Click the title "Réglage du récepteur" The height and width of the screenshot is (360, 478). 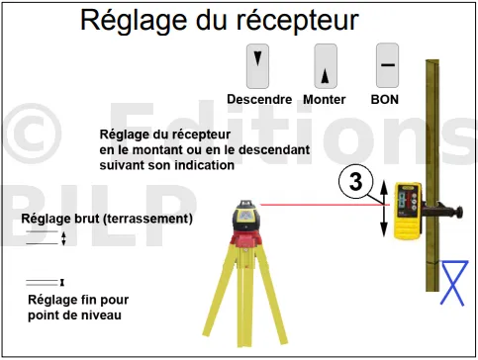[220, 21]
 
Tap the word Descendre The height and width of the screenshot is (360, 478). [259, 99]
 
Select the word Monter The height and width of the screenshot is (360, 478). [325, 99]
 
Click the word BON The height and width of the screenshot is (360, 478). [385, 99]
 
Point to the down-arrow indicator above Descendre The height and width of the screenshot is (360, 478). [257, 58]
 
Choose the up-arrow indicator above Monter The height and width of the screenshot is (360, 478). [325, 76]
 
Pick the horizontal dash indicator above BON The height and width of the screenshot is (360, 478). [388, 65]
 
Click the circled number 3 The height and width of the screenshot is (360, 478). [356, 182]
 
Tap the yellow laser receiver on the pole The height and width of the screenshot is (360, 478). [408, 211]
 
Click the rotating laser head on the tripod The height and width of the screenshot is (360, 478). [246, 216]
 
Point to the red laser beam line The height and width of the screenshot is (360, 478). [325, 205]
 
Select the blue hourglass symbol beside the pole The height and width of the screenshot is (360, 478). [454, 283]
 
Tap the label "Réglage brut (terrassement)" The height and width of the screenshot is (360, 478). [107, 219]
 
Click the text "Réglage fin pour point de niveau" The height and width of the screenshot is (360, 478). [78, 308]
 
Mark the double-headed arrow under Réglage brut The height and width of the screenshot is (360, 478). [63, 238]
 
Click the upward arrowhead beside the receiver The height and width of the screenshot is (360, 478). [384, 187]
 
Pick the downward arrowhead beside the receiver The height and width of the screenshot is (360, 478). [384, 229]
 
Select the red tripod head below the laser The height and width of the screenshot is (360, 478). [245, 239]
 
